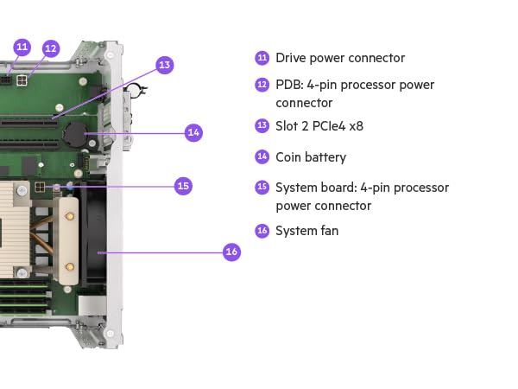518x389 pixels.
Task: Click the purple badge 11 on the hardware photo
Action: [22, 46]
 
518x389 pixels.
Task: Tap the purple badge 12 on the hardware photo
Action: [51, 48]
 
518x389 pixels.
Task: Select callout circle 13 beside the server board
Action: [165, 64]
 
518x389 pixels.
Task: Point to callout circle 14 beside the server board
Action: [193, 132]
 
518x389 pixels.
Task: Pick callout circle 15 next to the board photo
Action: [182, 185]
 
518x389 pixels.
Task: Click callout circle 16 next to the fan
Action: [231, 252]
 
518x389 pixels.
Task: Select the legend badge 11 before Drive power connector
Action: [262, 58]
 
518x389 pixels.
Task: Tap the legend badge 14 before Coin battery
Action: [262, 157]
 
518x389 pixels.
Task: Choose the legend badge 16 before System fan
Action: [262, 231]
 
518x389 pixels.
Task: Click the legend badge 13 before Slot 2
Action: [262, 126]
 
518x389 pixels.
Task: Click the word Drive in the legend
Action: [291, 58]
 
